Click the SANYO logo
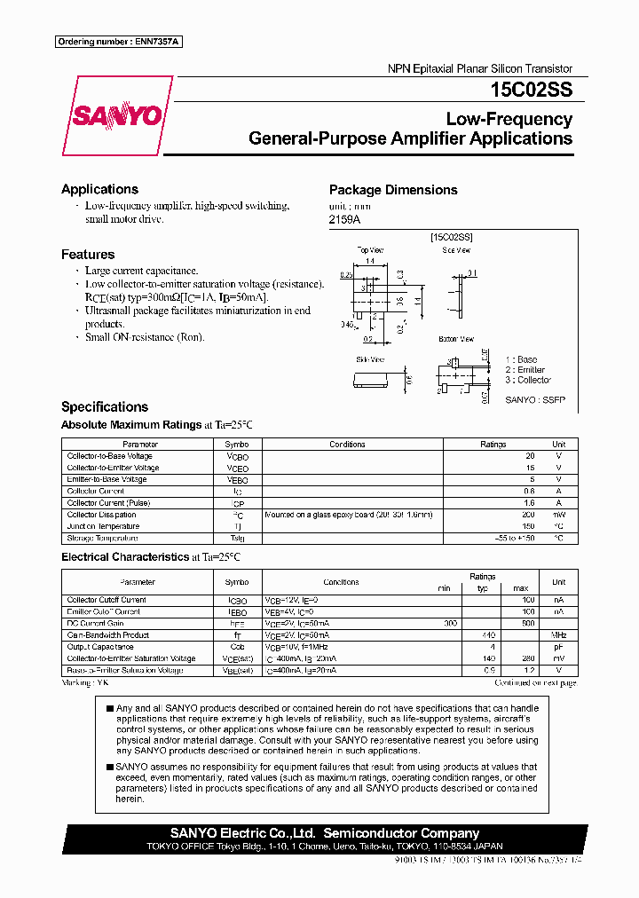coord(117,116)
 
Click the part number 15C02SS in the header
coord(530,90)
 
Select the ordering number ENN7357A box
coord(118,42)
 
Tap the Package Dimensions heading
coord(393,190)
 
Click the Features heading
coord(88,255)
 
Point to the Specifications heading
coord(105,407)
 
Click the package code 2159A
coord(345,218)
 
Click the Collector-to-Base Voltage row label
coord(109,456)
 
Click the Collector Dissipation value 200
coord(529,515)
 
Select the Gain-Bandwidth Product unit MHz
coord(558,635)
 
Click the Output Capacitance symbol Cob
coord(237,647)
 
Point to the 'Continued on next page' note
coord(534,682)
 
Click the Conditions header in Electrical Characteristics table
coord(341,582)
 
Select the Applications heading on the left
coord(99,189)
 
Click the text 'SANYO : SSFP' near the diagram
coord(534,400)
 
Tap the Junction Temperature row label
coord(103,526)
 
